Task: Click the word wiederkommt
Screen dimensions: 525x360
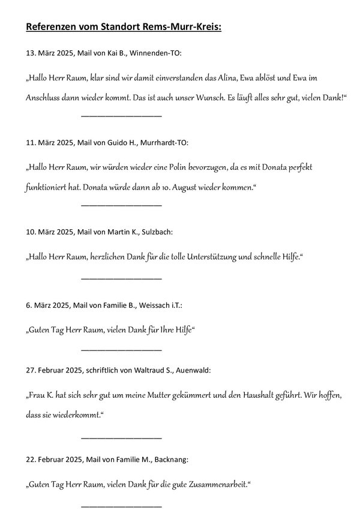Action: click(x=74, y=415)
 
